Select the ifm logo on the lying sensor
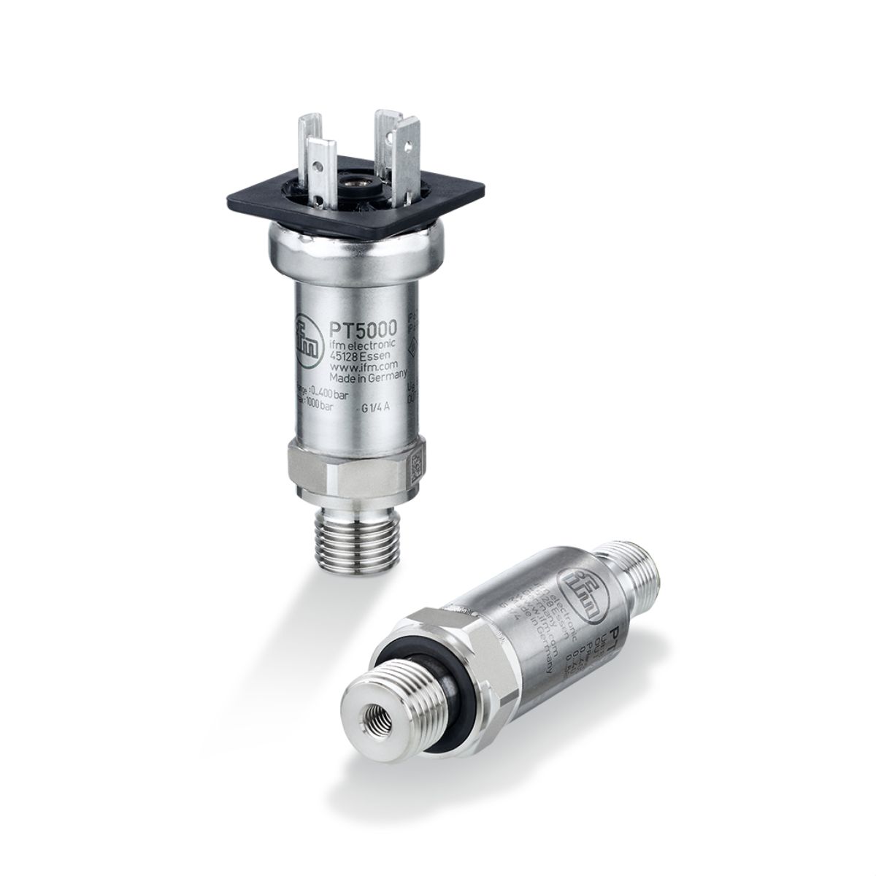click(582, 587)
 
